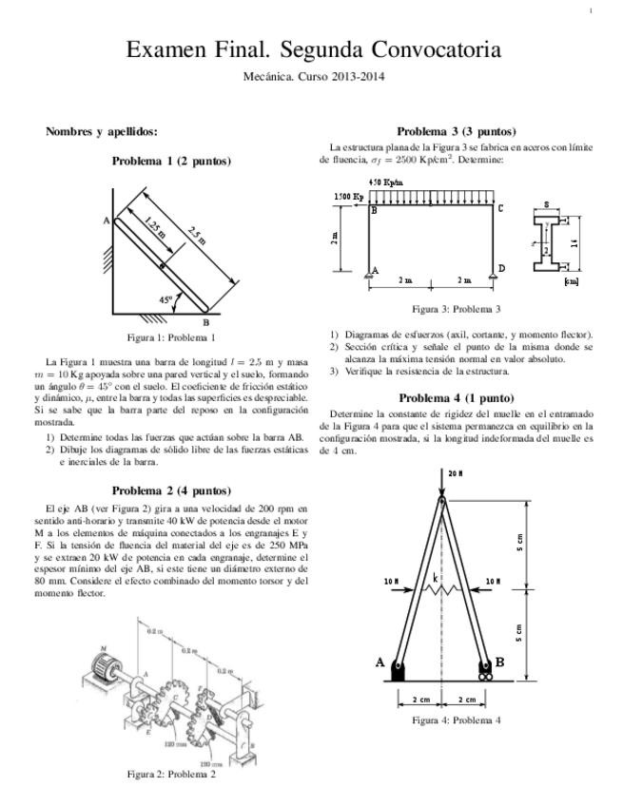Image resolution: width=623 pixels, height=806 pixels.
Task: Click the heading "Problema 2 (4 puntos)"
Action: coord(171,490)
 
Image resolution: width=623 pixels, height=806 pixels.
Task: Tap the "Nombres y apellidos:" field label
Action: coord(102,131)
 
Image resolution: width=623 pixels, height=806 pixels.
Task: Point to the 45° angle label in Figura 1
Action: coord(167,299)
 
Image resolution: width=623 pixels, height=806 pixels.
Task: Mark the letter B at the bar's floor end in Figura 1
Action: coord(205,321)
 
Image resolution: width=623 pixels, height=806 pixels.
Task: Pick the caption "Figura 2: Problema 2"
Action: coord(171,774)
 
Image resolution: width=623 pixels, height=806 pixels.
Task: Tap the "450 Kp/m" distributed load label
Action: coord(385,182)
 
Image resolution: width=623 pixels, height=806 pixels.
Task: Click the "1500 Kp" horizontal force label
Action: coord(347,197)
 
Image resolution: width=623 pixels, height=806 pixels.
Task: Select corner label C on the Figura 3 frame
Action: coord(500,207)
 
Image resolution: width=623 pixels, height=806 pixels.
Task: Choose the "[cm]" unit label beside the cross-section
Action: coord(571,281)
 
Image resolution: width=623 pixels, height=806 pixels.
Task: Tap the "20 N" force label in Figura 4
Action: coord(455,472)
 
